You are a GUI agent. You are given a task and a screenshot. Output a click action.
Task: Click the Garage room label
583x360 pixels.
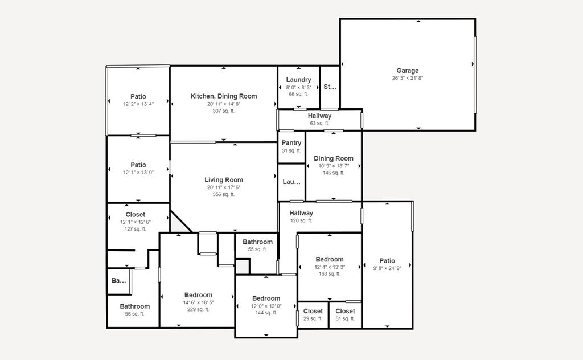(408, 71)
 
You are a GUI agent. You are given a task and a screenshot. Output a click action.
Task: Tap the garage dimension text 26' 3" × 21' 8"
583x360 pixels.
(408, 78)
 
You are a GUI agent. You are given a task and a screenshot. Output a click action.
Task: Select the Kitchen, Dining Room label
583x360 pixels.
(224, 96)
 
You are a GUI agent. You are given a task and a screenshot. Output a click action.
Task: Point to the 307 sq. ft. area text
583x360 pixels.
(224, 111)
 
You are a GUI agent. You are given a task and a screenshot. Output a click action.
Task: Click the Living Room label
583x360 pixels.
(224, 180)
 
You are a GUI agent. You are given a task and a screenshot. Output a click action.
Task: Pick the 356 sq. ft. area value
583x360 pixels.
(224, 194)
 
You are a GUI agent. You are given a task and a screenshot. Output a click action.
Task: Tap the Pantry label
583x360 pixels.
(291, 143)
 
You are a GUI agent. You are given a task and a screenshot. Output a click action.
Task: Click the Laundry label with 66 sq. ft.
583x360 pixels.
(299, 80)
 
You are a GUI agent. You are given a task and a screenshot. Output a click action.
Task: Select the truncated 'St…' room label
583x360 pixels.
(330, 87)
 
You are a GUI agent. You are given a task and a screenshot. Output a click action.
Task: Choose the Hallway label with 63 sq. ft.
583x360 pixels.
(319, 116)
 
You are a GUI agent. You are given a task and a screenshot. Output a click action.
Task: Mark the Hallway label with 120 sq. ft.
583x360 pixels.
(301, 213)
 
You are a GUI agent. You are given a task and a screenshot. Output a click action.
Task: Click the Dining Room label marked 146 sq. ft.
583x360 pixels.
(334, 158)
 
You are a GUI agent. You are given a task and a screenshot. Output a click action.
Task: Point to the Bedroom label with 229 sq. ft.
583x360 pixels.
(198, 295)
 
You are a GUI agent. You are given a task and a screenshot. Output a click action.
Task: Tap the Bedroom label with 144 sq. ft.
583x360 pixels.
(266, 298)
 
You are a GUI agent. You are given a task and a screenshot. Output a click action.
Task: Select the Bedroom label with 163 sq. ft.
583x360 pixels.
(330, 259)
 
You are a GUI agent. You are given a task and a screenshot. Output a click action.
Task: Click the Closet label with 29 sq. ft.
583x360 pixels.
(313, 311)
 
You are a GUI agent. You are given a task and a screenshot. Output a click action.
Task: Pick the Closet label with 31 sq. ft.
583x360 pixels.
(346, 311)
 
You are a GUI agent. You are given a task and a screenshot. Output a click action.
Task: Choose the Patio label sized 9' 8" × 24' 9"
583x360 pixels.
(387, 261)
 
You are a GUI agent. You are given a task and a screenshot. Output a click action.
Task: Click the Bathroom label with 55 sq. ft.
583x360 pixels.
(257, 242)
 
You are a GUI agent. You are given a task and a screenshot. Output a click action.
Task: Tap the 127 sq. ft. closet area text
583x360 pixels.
(136, 229)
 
